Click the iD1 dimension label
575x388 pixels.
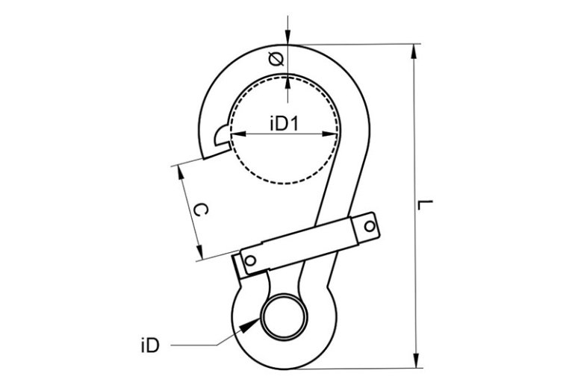[x=283, y=124]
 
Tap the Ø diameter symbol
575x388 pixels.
[x=275, y=59]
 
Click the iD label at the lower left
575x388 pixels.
[x=149, y=345]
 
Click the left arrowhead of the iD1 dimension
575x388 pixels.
[x=234, y=135]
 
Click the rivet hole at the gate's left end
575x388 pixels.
[x=251, y=260]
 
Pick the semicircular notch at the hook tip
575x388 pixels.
[x=221, y=136]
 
